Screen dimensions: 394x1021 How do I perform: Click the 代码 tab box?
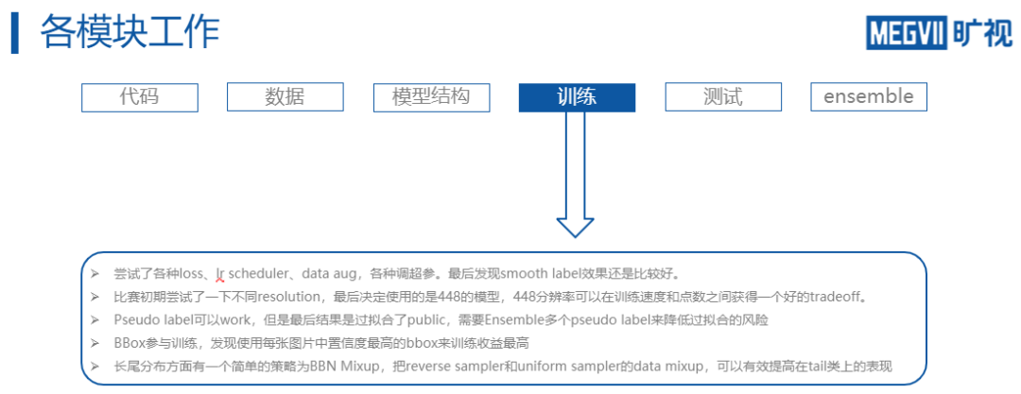pyautogui.click(x=139, y=96)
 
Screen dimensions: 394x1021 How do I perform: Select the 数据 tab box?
pyautogui.click(x=285, y=96)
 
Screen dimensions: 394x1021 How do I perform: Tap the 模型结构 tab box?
pyautogui.click(x=430, y=96)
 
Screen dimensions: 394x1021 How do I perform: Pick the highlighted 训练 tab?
pyautogui.click(x=577, y=96)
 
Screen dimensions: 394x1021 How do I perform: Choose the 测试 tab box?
pyautogui.click(x=723, y=96)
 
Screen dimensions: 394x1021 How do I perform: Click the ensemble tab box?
pyautogui.click(x=869, y=96)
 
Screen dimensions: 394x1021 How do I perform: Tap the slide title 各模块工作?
pyautogui.click(x=130, y=32)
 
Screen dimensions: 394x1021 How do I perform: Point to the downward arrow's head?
pyautogui.click(x=575, y=227)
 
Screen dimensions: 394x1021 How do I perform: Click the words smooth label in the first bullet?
pyautogui.click(x=540, y=274)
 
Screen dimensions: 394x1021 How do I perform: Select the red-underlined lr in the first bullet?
pyautogui.click(x=220, y=274)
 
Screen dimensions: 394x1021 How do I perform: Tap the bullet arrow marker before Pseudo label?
pyautogui.click(x=95, y=320)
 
